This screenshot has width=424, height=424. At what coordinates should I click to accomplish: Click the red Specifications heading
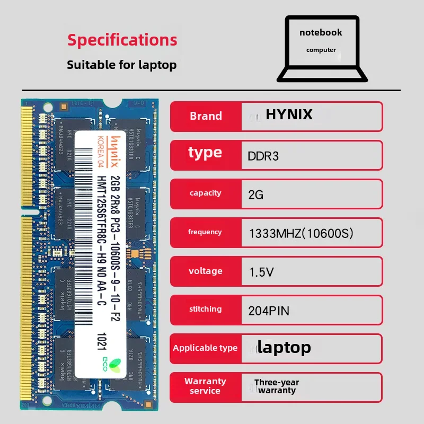point(122,40)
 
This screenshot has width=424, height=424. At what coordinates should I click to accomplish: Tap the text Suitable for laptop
point(121,65)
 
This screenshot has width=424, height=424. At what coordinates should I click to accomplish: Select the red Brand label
point(206,116)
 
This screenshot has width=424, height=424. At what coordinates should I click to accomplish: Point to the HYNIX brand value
point(289,114)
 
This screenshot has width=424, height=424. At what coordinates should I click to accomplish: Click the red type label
point(205,153)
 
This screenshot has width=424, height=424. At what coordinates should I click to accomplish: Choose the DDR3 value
point(263,156)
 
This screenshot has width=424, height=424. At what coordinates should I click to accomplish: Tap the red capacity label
point(206,193)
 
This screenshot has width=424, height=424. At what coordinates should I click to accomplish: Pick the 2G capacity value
point(255,195)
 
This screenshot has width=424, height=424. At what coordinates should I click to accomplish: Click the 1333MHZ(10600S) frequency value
point(301,233)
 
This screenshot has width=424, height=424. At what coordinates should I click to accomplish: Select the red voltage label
point(206,271)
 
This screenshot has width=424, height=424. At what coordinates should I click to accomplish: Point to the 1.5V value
point(261,272)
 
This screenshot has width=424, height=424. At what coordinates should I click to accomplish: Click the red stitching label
point(206,309)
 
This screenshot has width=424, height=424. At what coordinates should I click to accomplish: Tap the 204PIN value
point(269,311)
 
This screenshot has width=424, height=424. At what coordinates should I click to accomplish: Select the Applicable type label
point(205,348)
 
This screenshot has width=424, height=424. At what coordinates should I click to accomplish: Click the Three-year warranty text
point(276,386)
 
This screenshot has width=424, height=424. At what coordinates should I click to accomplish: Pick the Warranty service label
point(205,386)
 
